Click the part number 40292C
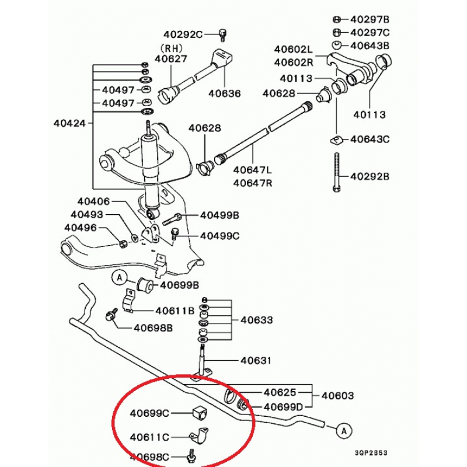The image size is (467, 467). point(182,34)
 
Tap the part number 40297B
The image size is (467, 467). point(370,19)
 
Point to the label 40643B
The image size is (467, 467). point(370,46)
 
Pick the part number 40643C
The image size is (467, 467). point(370,140)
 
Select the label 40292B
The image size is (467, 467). point(370,176)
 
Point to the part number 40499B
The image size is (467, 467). point(219,215)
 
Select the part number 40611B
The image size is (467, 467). point(175,311)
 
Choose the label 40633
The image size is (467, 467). point(257,320)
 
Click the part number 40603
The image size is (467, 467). point(337,396)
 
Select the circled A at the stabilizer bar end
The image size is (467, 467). point(344,431)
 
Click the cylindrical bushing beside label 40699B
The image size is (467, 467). point(145,285)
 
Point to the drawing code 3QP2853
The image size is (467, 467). point(371,452)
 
